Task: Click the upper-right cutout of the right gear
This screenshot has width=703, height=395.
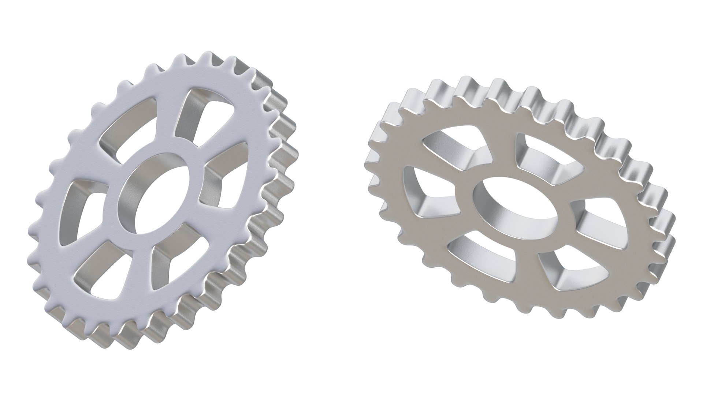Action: pos(542,157)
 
